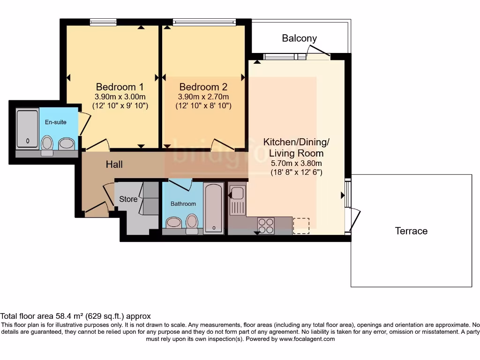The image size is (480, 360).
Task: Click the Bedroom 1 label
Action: pos(120,87)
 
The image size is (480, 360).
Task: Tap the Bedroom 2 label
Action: pos(203,87)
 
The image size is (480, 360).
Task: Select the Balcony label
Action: pos(299,38)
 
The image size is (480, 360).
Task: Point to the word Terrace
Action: pos(411,231)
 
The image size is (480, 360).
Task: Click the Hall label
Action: pos(114,165)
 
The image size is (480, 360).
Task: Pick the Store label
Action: pos(128,199)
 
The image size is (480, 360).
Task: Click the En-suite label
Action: pos(55,122)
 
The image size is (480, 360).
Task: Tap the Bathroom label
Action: pos(183,204)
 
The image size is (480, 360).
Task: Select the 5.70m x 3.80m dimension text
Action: pos(296,163)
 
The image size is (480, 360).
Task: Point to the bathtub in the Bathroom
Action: pos(214,208)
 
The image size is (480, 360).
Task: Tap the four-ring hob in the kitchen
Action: pos(266,226)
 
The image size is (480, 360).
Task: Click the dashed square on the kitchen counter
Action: pos(301,225)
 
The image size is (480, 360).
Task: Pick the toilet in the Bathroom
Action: pos(192,223)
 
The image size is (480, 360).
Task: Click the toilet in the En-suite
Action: pos(47,144)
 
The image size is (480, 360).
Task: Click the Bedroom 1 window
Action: pos(104,22)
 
